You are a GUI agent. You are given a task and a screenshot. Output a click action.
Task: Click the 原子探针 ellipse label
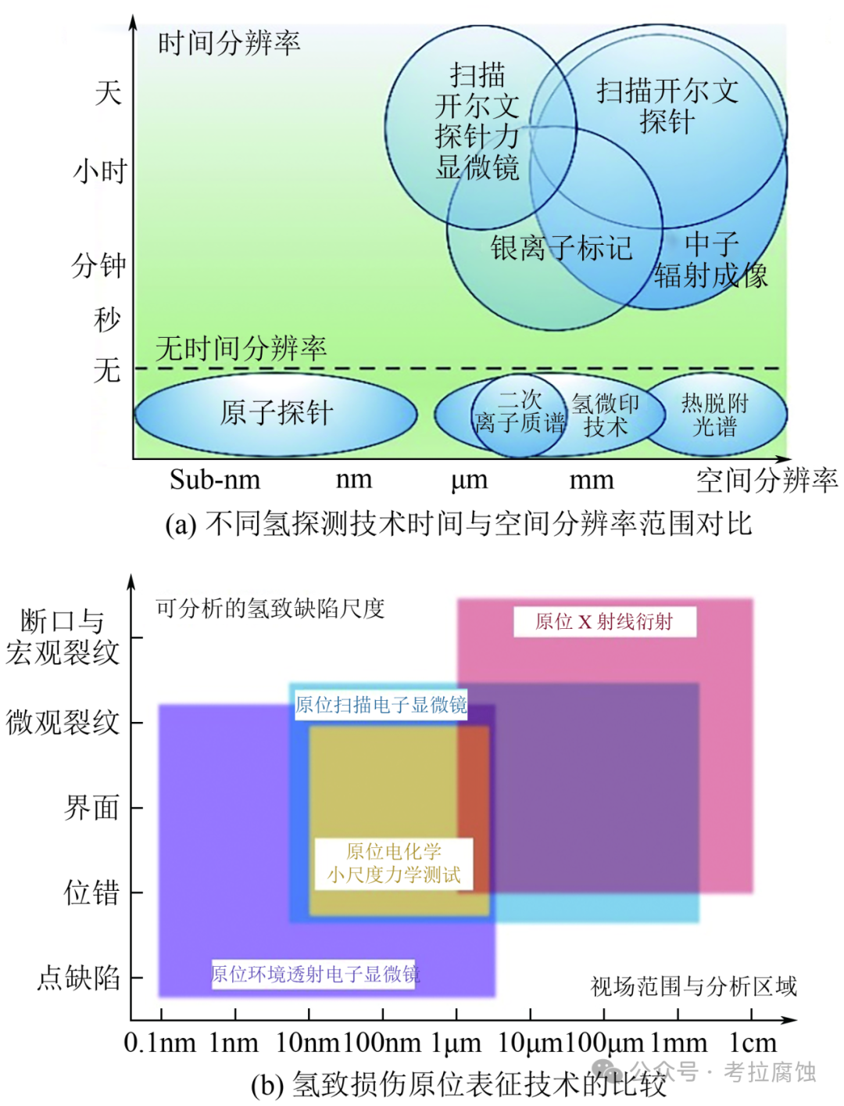[x=277, y=413]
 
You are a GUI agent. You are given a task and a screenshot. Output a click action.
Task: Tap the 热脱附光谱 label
[x=714, y=415]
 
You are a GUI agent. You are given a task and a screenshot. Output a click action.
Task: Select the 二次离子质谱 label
[x=520, y=411]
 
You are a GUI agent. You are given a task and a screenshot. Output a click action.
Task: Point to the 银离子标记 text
[x=561, y=247]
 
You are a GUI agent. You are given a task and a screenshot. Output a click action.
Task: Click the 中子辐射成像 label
[x=710, y=260]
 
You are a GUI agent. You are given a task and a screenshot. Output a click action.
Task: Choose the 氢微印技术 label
[x=605, y=415]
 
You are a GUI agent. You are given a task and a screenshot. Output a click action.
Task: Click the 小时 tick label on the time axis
[x=100, y=171]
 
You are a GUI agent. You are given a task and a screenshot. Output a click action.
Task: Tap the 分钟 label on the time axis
[x=98, y=265]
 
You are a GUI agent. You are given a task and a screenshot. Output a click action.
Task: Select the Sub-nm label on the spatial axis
[x=215, y=479]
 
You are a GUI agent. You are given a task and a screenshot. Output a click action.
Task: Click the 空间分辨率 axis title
[x=767, y=480]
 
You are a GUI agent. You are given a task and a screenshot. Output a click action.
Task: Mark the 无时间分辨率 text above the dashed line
[x=241, y=348]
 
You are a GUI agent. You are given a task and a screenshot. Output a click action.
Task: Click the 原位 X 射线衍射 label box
[x=604, y=621]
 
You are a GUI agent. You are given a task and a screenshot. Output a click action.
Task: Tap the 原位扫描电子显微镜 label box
[x=381, y=705]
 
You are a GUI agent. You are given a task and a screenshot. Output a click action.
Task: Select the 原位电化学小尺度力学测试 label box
[x=394, y=864]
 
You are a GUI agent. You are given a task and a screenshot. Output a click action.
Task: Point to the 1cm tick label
[x=753, y=1043]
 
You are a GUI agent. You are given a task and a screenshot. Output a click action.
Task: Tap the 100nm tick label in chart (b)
[x=381, y=1043]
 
